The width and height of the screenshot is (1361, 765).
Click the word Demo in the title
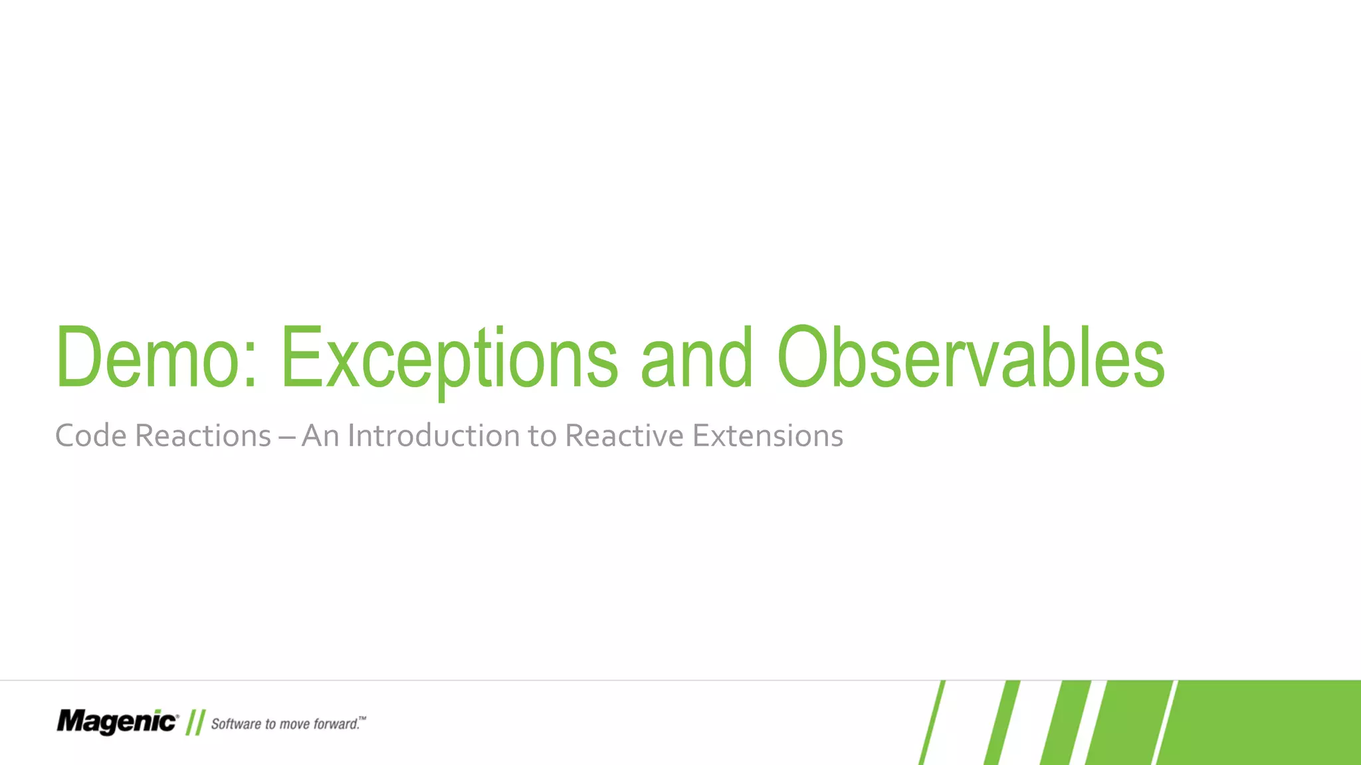pos(148,359)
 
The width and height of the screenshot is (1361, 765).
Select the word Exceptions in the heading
pos(449,359)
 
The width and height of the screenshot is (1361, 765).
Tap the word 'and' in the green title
pos(696,359)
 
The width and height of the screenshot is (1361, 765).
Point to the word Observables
pos(970,359)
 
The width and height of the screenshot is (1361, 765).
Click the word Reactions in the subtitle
pos(203,436)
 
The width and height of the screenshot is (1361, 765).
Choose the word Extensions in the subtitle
pos(768,436)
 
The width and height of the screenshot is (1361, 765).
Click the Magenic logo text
pos(117,722)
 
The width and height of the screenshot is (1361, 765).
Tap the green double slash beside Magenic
pos(195,722)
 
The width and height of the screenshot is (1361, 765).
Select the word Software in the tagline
pos(236,724)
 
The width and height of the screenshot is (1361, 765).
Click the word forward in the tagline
pos(336,724)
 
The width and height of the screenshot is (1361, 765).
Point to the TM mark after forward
pos(362,718)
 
